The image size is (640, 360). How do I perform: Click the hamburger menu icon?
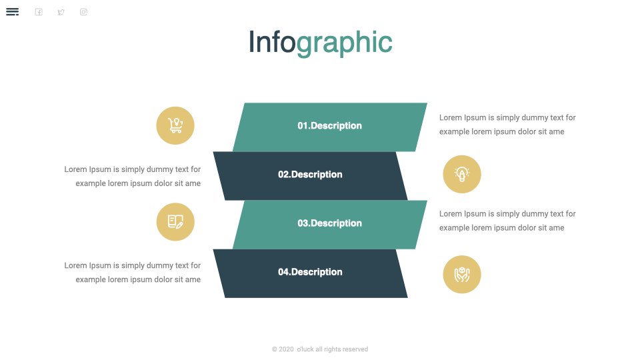tap(12, 12)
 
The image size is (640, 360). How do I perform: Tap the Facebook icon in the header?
tap(39, 12)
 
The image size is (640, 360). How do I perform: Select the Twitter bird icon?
tap(61, 12)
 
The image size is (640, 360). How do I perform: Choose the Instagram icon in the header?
tap(83, 12)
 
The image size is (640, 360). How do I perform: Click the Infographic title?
tap(321, 43)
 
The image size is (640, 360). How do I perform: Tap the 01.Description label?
tap(329, 126)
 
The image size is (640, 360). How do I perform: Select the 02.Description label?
tap(310, 175)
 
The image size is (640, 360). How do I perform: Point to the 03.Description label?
tap(329, 223)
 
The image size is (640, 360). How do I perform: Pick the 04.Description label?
tap(310, 272)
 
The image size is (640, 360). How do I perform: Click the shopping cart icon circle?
tap(175, 125)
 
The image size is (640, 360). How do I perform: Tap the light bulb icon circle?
tap(462, 174)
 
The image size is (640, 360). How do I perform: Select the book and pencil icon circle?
tap(175, 221)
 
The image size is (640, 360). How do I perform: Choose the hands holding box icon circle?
tap(462, 274)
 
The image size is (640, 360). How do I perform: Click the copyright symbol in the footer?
tap(274, 349)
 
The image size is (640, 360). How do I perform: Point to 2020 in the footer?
tap(286, 349)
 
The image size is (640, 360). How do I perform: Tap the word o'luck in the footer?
tap(305, 349)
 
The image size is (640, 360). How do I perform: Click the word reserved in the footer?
tap(355, 349)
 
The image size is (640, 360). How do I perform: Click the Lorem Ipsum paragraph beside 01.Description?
tap(507, 125)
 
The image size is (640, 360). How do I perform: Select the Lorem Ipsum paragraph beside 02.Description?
tap(132, 176)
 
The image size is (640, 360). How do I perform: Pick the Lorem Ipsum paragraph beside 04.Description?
tap(132, 272)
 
